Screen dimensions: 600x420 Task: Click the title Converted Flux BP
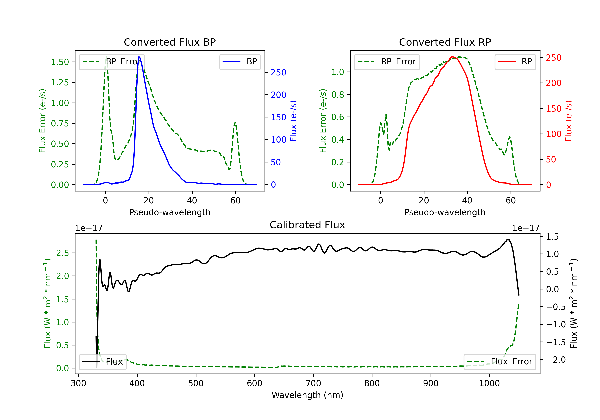(x=170, y=42)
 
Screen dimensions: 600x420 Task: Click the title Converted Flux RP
(x=445, y=42)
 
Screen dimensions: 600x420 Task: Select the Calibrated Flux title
(x=307, y=225)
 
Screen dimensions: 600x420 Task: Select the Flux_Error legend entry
(x=500, y=362)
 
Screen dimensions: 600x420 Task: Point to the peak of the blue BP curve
(x=139, y=57)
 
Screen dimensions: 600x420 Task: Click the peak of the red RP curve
(x=452, y=57)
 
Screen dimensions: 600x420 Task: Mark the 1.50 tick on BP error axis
(x=60, y=62)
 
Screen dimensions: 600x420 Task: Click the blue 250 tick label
(x=279, y=72)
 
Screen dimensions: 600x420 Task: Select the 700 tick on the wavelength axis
(x=313, y=383)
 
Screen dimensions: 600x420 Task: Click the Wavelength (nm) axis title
(x=307, y=395)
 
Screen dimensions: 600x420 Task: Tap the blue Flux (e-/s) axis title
(x=293, y=121)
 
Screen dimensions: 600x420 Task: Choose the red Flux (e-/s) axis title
(x=569, y=121)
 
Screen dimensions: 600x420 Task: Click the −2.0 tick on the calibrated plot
(x=552, y=360)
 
